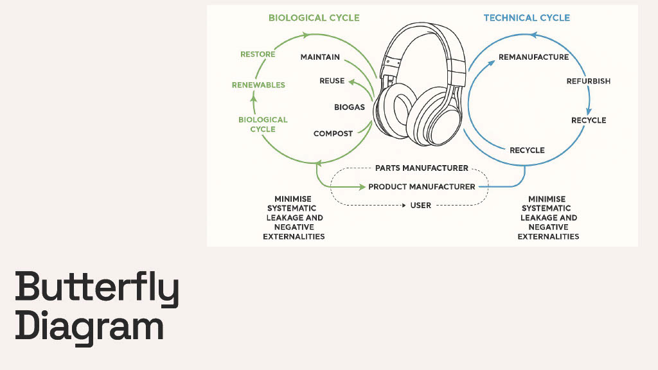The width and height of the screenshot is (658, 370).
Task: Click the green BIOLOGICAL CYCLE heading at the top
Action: click(314, 17)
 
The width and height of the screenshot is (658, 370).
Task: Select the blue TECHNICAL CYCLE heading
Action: click(526, 17)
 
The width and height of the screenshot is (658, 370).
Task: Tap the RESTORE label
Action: click(258, 55)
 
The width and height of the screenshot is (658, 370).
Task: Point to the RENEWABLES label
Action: click(258, 85)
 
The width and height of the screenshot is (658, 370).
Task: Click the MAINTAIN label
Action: click(320, 57)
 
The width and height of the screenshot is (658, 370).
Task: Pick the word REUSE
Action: click(332, 81)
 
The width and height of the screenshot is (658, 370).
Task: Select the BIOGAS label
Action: click(349, 107)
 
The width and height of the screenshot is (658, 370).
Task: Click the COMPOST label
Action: click(333, 134)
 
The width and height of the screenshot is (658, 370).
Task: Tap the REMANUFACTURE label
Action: click(533, 57)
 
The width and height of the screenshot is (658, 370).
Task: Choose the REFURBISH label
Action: click(588, 82)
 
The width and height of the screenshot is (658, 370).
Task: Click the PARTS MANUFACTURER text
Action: click(422, 168)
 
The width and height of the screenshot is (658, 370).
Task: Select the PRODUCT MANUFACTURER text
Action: click(422, 187)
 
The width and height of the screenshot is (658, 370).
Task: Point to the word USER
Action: click(420, 206)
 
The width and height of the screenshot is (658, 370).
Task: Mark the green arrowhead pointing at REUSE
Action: click(351, 81)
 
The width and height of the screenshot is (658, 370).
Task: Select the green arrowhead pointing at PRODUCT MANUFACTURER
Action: click(361, 187)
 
